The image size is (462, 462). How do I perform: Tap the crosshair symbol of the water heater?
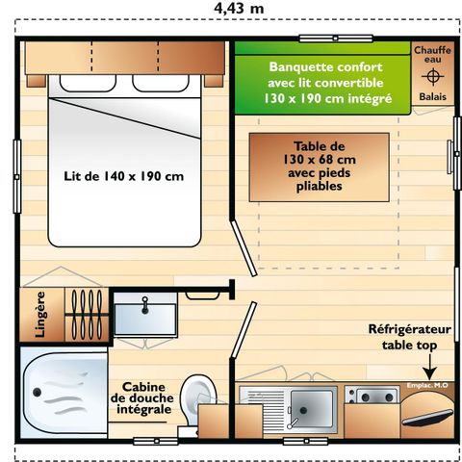pyautogui.click(x=432, y=76)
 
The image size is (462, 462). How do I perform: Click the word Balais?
pyautogui.click(x=431, y=97)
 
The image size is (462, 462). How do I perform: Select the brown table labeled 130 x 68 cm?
pyautogui.click(x=320, y=167)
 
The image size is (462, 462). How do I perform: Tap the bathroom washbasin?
pyautogui.click(x=145, y=317)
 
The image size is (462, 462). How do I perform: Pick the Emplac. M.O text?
pyautogui.click(x=425, y=387)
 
